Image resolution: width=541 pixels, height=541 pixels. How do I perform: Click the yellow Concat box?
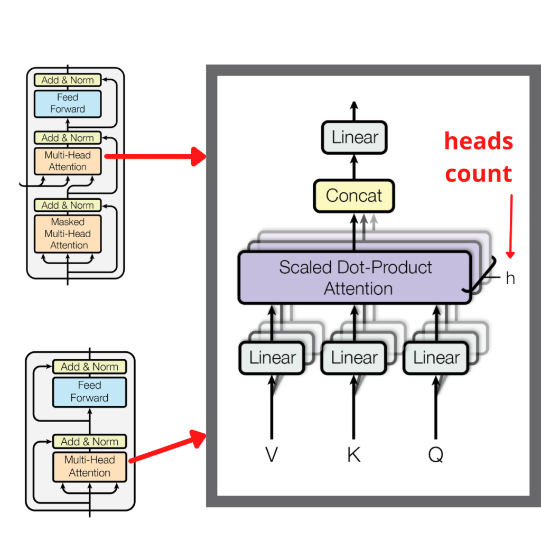point(354,195)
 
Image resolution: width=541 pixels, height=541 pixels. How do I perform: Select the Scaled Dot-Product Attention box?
point(355,277)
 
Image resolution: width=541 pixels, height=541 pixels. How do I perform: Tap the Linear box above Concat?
point(355,137)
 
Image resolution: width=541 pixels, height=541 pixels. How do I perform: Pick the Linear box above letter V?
point(272,358)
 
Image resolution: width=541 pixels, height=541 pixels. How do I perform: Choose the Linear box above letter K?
point(355,358)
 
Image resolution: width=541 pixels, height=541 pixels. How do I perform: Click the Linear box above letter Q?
point(436,358)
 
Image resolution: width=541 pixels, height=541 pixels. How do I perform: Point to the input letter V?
point(272,454)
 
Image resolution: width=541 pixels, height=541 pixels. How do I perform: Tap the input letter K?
point(354,454)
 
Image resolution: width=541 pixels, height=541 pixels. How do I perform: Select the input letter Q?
point(436,454)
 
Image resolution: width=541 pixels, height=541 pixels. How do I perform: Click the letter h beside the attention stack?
point(510,278)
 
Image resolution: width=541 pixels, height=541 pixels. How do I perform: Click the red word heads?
point(479,142)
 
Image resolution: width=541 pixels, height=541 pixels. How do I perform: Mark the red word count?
point(479,174)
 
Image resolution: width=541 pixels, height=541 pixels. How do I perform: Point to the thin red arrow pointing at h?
point(510,227)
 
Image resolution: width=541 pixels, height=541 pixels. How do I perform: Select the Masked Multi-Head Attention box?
point(68,234)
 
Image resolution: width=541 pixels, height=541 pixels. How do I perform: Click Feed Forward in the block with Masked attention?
point(68,104)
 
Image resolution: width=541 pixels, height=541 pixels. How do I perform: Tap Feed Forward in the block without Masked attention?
point(89,391)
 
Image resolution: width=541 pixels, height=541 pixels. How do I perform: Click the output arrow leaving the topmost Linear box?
point(355,111)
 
